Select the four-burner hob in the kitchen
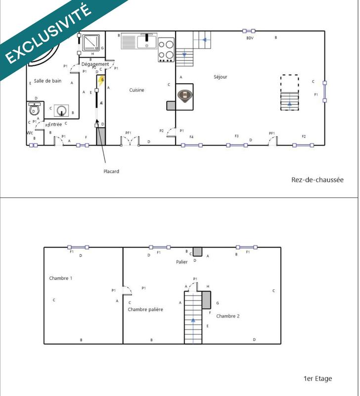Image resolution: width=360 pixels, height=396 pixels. (x=166, y=49)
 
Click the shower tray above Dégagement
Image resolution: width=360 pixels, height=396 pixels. (x=90, y=42)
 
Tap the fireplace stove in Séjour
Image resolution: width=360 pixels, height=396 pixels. (x=185, y=96)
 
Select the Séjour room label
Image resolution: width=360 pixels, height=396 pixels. (x=220, y=77)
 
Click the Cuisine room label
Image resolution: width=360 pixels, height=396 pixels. (x=136, y=90)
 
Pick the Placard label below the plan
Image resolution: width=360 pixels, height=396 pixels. (x=111, y=171)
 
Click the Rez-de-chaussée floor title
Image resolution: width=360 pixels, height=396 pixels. (x=317, y=180)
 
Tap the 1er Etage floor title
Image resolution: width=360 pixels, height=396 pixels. (x=317, y=379)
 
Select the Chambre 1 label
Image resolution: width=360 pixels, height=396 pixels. (x=61, y=278)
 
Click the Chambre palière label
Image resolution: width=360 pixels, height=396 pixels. (x=145, y=309)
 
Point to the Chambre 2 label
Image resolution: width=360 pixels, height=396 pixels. (x=228, y=316)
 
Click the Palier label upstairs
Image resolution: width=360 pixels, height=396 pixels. (x=181, y=262)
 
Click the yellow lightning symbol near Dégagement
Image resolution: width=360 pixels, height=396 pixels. (x=101, y=81)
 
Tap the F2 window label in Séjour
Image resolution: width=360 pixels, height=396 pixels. (x=304, y=136)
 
